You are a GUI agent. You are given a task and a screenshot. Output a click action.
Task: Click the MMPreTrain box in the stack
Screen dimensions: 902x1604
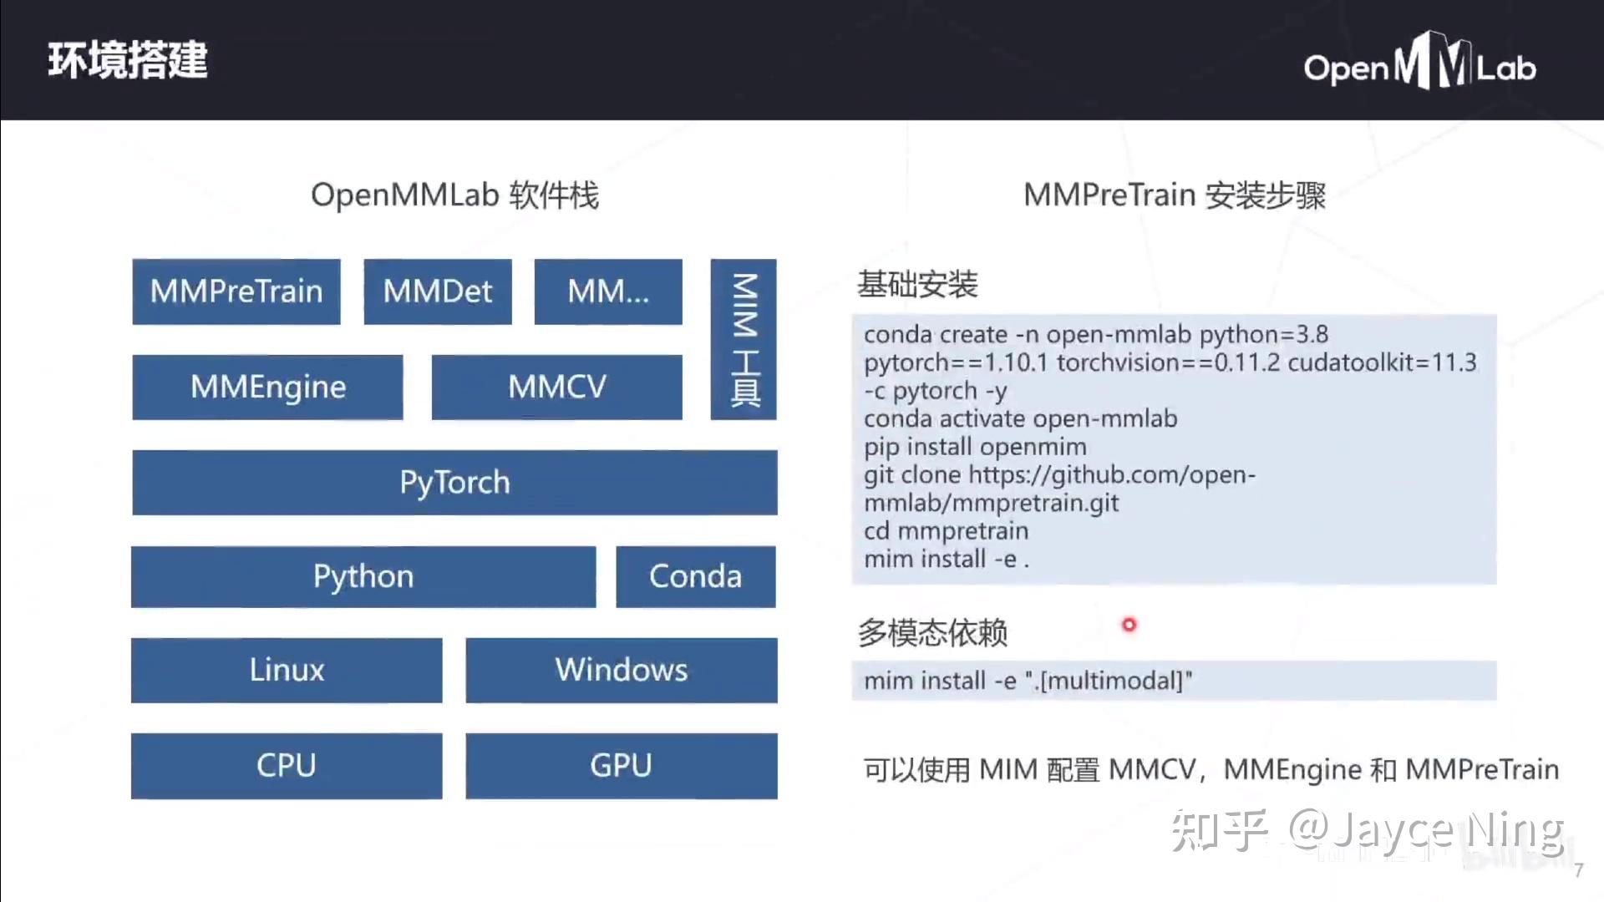coord(236,291)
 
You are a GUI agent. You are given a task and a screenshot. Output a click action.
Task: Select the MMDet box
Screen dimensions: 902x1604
coord(438,291)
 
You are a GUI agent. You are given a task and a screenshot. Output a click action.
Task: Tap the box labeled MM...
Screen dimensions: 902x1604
coord(608,291)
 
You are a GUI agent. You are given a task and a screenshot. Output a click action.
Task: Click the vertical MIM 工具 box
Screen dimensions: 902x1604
coord(744,339)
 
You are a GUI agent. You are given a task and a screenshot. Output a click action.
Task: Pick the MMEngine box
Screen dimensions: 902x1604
coord(267,387)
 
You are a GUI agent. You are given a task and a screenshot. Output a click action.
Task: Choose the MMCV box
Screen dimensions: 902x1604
coord(556,387)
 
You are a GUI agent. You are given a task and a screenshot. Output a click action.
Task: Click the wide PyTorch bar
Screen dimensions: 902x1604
coord(454,483)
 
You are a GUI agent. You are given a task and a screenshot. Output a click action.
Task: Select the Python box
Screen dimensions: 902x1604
coord(363,577)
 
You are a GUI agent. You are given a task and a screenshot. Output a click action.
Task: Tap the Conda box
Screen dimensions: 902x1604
coord(695,577)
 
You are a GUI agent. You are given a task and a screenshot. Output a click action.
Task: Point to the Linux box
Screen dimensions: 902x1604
coord(287,670)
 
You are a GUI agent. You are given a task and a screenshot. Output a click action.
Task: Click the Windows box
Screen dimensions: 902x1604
coord(622,670)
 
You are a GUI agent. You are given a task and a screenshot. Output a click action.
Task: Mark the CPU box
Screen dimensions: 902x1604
coord(287,766)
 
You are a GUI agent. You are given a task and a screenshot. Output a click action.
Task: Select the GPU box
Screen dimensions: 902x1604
coord(622,766)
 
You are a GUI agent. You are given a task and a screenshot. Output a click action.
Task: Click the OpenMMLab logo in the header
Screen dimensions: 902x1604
coord(1419,63)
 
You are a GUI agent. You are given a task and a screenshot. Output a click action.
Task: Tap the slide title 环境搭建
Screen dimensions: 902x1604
coord(128,60)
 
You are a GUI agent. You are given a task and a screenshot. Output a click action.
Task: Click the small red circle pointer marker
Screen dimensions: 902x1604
coord(1129,625)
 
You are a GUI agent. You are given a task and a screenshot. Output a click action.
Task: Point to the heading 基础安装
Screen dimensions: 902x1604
coord(917,285)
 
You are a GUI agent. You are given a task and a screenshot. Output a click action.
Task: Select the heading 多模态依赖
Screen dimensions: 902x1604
coord(932,633)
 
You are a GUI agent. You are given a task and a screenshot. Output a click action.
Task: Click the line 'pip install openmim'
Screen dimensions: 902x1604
coord(975,447)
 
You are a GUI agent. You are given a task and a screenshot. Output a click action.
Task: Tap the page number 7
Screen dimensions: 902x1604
coord(1578,870)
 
